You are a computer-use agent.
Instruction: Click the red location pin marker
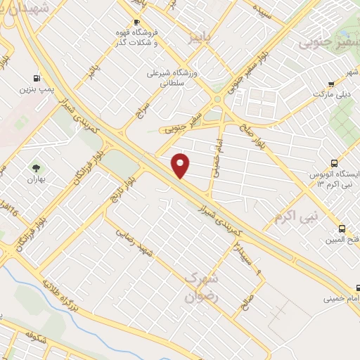tap(181, 166)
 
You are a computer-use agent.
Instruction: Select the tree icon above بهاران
tap(36, 167)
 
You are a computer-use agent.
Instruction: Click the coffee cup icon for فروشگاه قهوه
tap(137, 22)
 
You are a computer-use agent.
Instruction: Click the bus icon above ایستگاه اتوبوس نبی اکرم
tap(333, 163)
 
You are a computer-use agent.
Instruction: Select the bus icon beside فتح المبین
tap(342, 229)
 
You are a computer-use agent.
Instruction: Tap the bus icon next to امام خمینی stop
tap(358, 288)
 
